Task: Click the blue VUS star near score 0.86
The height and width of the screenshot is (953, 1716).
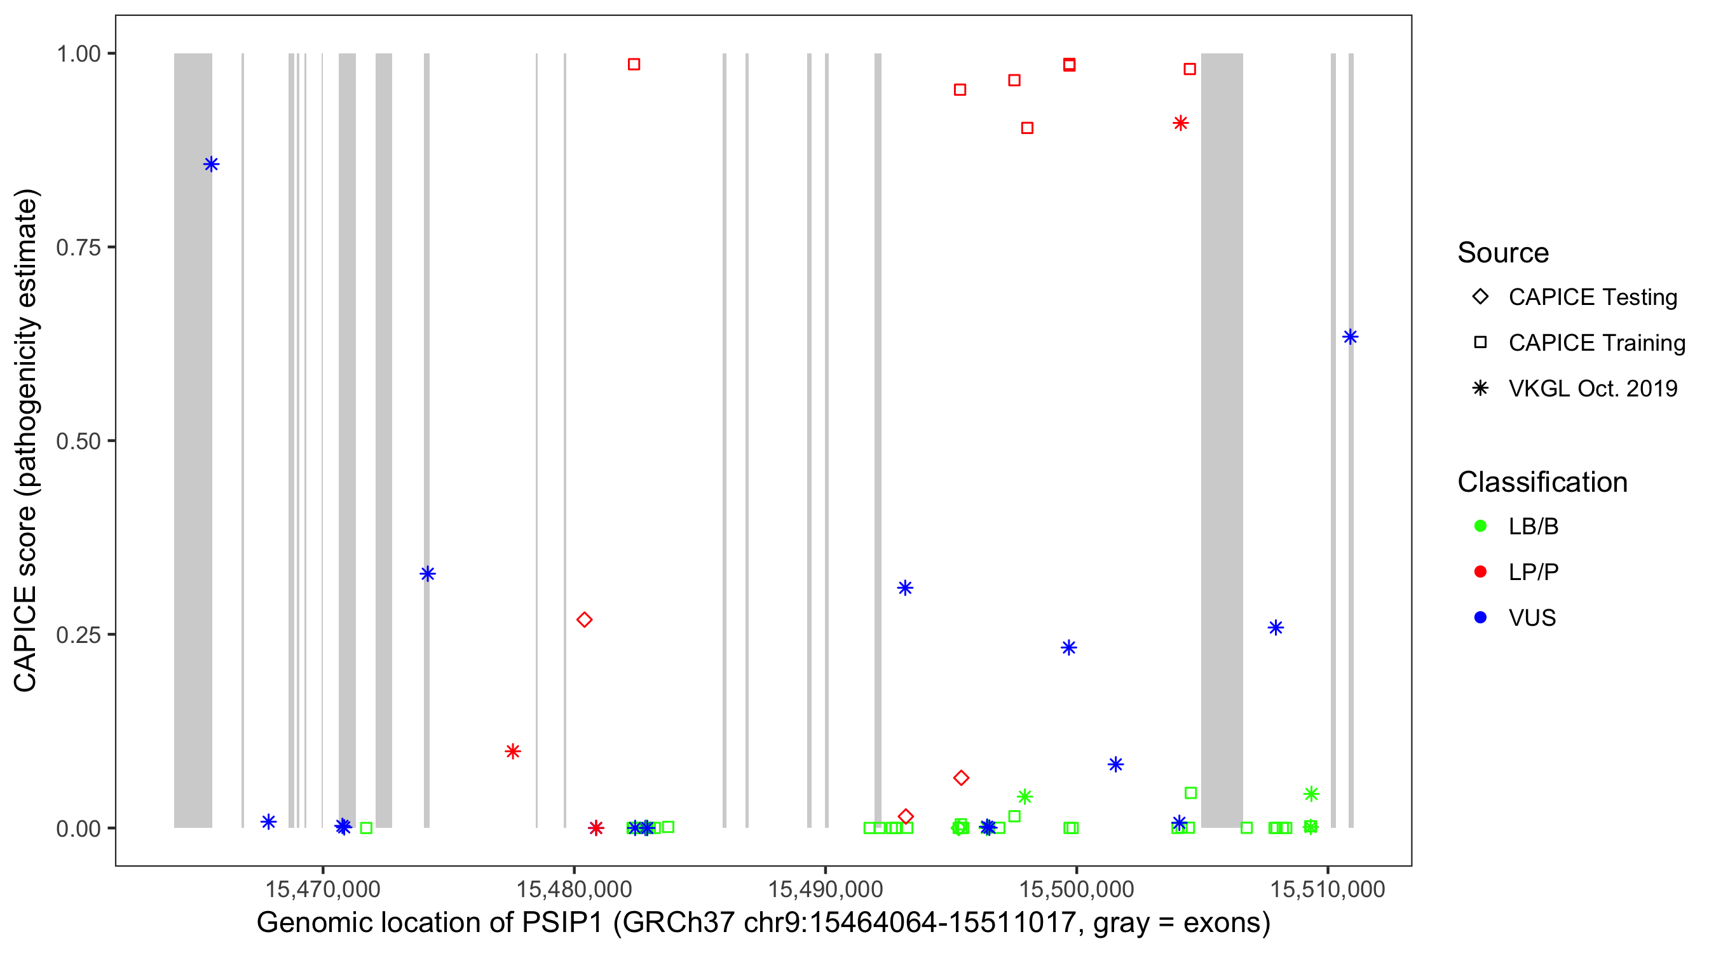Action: (x=211, y=165)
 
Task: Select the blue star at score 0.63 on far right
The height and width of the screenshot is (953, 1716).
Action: (x=1350, y=337)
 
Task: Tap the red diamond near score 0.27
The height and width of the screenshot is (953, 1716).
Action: (x=584, y=620)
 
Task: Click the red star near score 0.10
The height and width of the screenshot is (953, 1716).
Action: (x=512, y=751)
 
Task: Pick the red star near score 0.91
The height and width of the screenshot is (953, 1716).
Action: (x=1180, y=123)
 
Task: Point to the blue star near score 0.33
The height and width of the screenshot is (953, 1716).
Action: (x=428, y=574)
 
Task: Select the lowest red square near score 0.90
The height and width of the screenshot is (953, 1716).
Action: (x=1027, y=128)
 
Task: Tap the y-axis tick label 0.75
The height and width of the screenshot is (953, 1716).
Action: (x=78, y=248)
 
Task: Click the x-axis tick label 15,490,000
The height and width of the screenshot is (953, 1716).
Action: (x=826, y=889)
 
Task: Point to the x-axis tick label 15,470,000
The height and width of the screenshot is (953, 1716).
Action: (x=322, y=889)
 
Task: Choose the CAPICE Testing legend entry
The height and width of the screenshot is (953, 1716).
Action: (x=1592, y=297)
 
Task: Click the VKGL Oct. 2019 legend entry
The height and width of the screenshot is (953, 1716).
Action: (x=1592, y=388)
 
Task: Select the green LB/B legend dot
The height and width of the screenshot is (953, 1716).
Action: (x=1480, y=526)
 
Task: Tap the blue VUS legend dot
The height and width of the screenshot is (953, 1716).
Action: (x=1480, y=618)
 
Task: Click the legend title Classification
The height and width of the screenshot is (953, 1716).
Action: (x=1541, y=482)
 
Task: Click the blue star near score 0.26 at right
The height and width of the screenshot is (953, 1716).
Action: (x=1275, y=627)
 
